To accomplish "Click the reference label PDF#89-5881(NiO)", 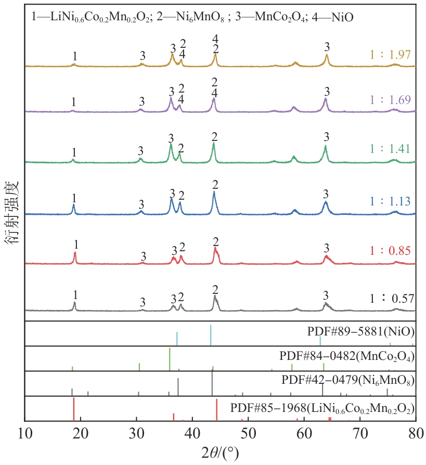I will [x=360, y=331].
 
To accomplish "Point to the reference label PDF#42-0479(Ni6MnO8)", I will [x=347, y=382].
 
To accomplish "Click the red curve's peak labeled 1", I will [x=75, y=253].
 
